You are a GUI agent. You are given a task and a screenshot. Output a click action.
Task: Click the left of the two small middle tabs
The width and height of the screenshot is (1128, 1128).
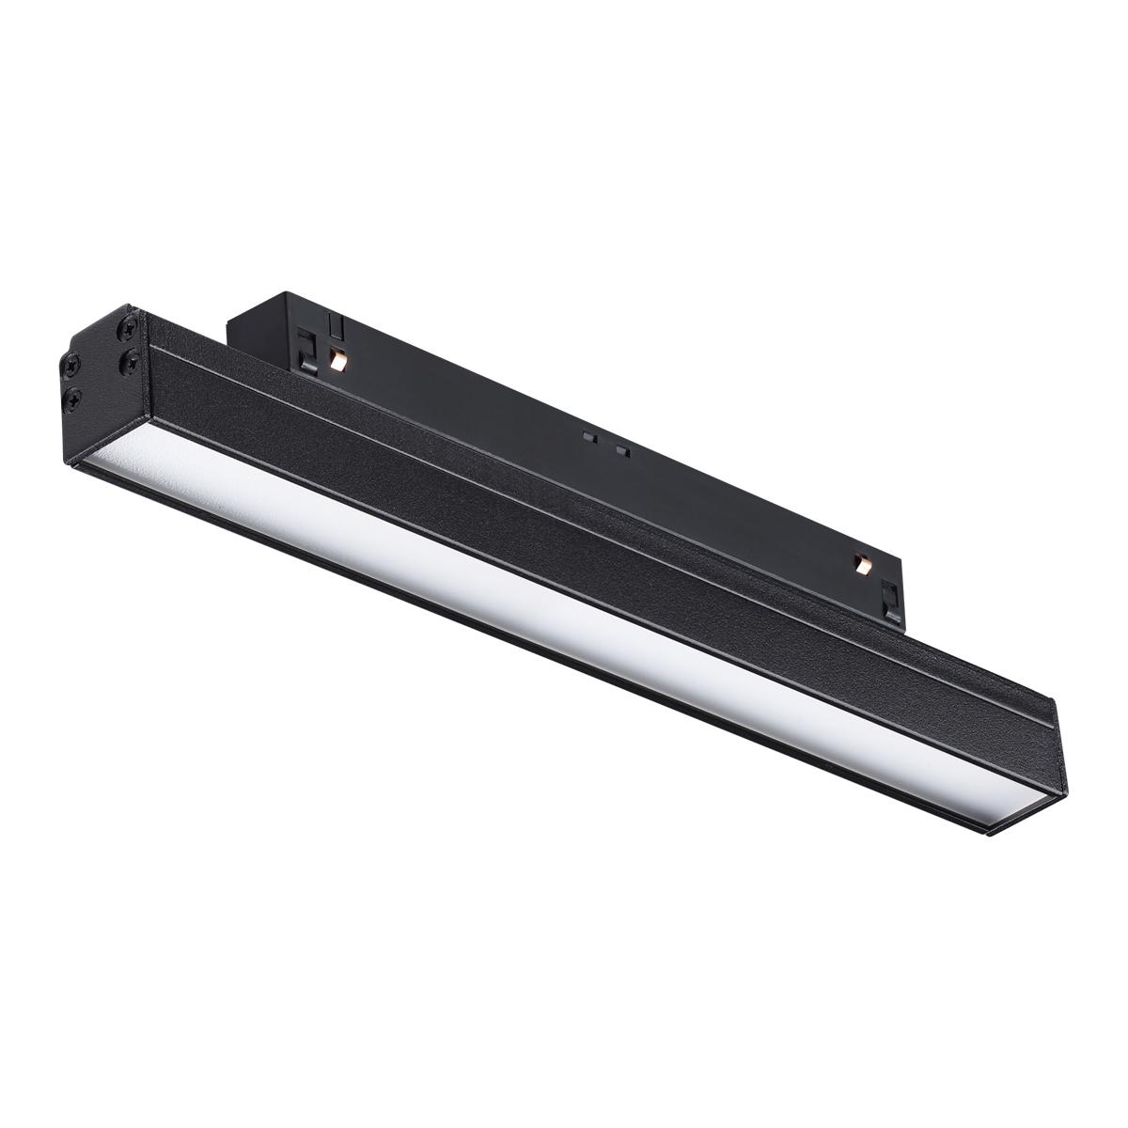(587, 436)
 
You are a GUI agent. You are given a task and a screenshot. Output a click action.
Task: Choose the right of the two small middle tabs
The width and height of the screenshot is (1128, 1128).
(620, 449)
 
